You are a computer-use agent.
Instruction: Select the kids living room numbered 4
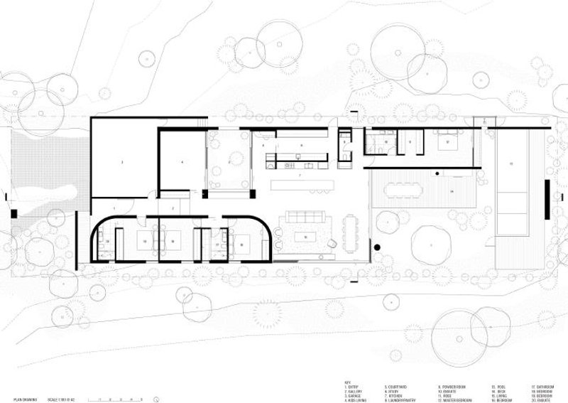[182, 162]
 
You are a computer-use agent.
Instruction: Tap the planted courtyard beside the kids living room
[229, 162]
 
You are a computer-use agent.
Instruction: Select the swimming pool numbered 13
[511, 181]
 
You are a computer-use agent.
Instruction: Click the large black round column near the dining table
[377, 247]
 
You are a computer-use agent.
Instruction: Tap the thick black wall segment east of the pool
[547, 199]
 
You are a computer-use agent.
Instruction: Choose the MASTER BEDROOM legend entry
[455, 397]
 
